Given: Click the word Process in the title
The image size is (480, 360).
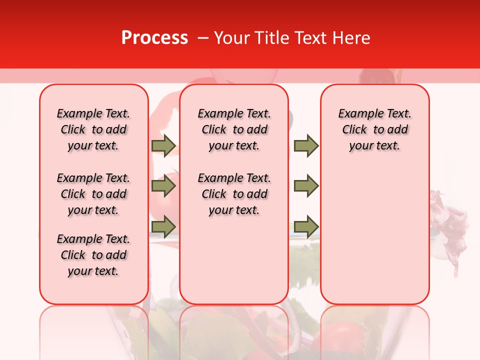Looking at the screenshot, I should (x=154, y=38).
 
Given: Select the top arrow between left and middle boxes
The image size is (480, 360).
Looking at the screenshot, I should (x=163, y=146).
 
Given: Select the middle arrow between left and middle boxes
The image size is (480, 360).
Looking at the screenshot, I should (x=163, y=186).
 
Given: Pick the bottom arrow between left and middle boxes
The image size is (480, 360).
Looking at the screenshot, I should (x=163, y=226).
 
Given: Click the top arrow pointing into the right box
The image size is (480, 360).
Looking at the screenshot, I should (x=306, y=146).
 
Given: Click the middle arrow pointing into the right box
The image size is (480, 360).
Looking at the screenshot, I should (x=306, y=186).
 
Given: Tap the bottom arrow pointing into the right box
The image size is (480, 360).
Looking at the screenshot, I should (x=306, y=226).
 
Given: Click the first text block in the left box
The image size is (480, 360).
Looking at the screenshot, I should (x=93, y=129).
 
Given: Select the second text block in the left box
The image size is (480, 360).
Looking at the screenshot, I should (x=93, y=194).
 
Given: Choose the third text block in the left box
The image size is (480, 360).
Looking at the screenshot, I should (x=93, y=255).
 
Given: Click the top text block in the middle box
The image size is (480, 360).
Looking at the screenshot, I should (x=234, y=129).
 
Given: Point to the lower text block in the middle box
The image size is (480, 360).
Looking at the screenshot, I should (x=234, y=194).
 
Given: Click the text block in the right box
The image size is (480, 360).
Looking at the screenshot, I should (x=374, y=129).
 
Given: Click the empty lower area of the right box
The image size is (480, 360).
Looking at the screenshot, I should (x=374, y=240).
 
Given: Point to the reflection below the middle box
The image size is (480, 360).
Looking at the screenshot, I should (x=234, y=332).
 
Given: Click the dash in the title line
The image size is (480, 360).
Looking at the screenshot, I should (x=203, y=38).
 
